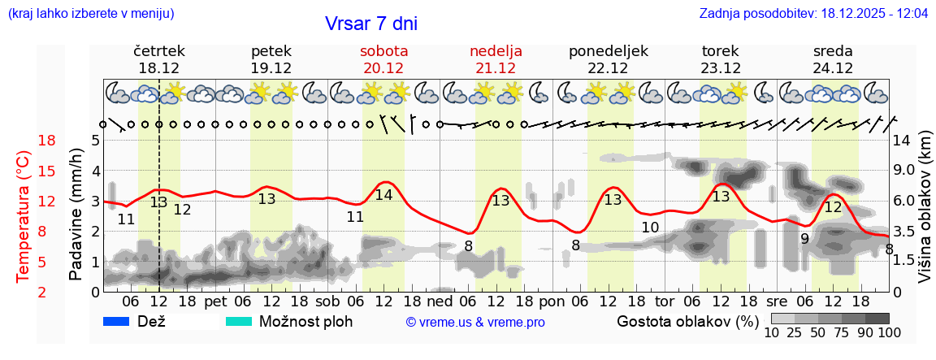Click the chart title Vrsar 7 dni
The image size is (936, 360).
point(371,24)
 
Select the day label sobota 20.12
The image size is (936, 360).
point(383,59)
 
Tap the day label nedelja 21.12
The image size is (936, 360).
point(496,59)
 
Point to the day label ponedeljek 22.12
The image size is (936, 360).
point(608,59)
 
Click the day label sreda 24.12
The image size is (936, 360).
point(833,59)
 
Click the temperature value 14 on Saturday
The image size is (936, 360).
point(383,195)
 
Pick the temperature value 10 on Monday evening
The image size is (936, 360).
point(649,228)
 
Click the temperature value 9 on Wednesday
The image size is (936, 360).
point(804,239)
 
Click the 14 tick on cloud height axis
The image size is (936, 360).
point(903,141)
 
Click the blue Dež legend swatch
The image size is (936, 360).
point(117,321)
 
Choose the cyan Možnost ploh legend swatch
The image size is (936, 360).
point(238,321)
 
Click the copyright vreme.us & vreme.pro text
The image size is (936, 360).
point(475,322)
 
